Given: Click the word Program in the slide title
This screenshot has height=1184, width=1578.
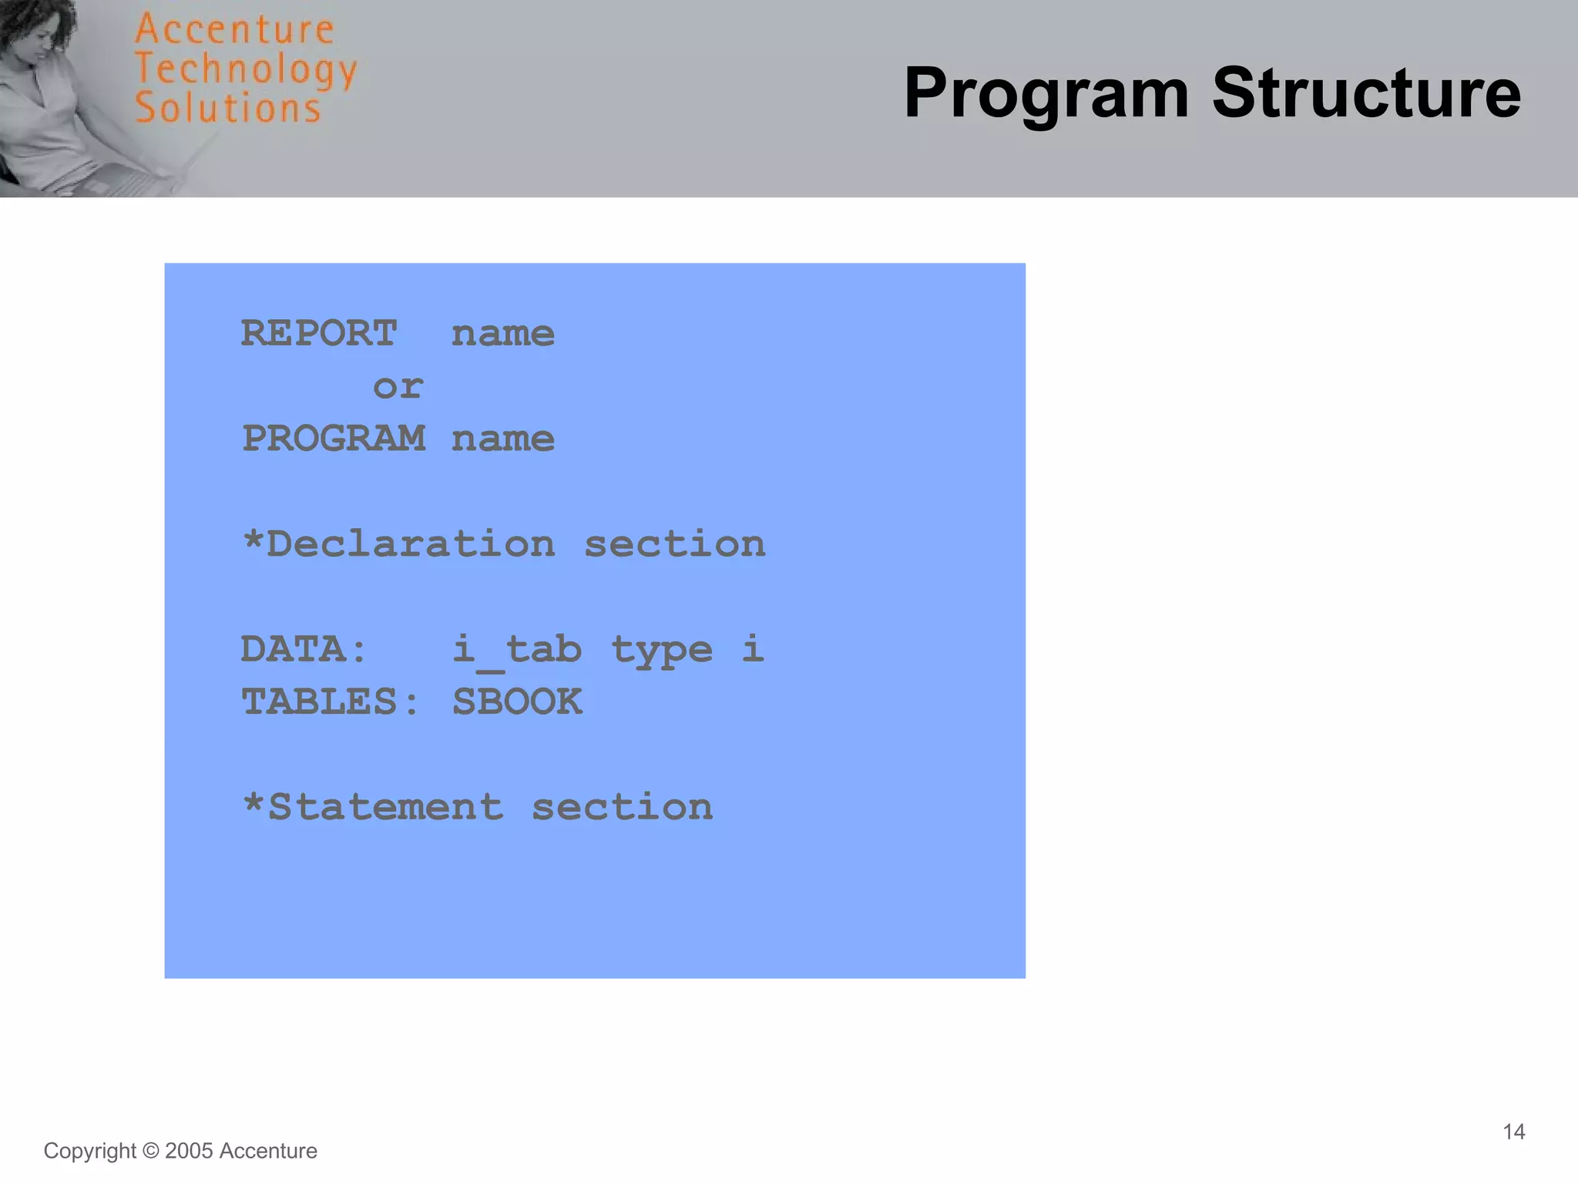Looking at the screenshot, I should tap(1046, 94).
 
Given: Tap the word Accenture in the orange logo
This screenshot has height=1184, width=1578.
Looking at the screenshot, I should tap(234, 30).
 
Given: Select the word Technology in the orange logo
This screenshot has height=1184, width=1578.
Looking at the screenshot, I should tap(246, 70).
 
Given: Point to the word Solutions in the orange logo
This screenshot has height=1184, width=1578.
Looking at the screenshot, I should tap(227, 108).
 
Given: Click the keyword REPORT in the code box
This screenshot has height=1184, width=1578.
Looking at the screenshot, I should tap(319, 334).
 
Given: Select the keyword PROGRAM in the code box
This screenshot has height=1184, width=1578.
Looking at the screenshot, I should tap(333, 439).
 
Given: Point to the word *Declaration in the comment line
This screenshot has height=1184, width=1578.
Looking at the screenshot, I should tap(398, 544).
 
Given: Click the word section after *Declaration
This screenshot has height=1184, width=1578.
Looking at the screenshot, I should tap(674, 544).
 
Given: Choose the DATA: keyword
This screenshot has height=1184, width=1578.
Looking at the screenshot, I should tap(304, 649).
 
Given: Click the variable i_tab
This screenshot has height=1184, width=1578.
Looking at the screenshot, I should tap(516, 649).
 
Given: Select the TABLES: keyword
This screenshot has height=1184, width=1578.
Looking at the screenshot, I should tap(330, 702).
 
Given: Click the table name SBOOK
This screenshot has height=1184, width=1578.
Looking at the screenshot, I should tap(517, 702).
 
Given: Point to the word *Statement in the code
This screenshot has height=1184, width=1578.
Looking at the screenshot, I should tap(372, 807).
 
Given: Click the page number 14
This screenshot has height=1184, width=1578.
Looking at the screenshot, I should tap(1513, 1132).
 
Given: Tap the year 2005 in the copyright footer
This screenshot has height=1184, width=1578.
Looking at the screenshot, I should tap(189, 1151).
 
